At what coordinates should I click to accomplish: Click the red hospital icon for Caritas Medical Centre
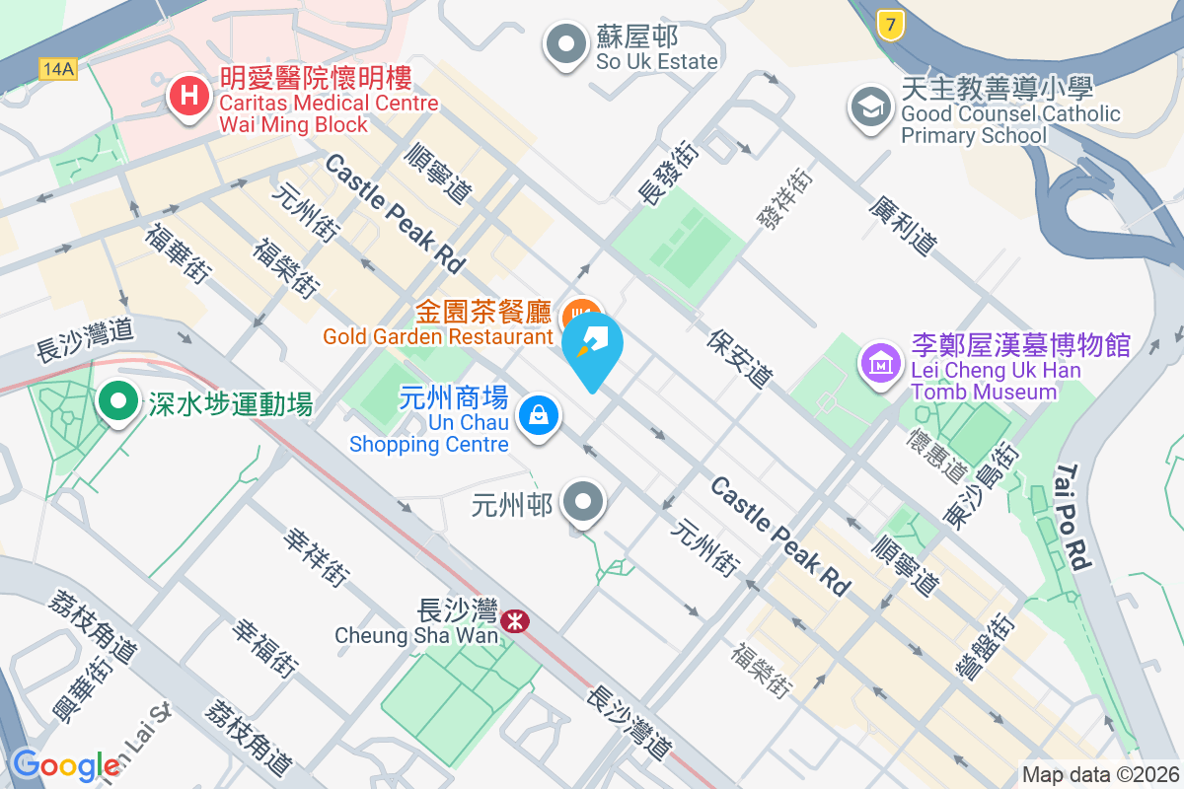pos(187,97)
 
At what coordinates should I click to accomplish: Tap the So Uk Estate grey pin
pos(566,45)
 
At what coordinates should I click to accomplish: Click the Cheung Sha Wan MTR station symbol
pos(514,620)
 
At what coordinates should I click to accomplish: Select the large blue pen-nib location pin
pos(592,348)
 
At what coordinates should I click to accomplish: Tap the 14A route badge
pos(58,68)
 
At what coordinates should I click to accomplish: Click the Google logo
pos(65,765)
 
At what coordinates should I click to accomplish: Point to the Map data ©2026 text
pos(1099,774)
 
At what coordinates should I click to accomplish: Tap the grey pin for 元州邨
pos(583,502)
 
